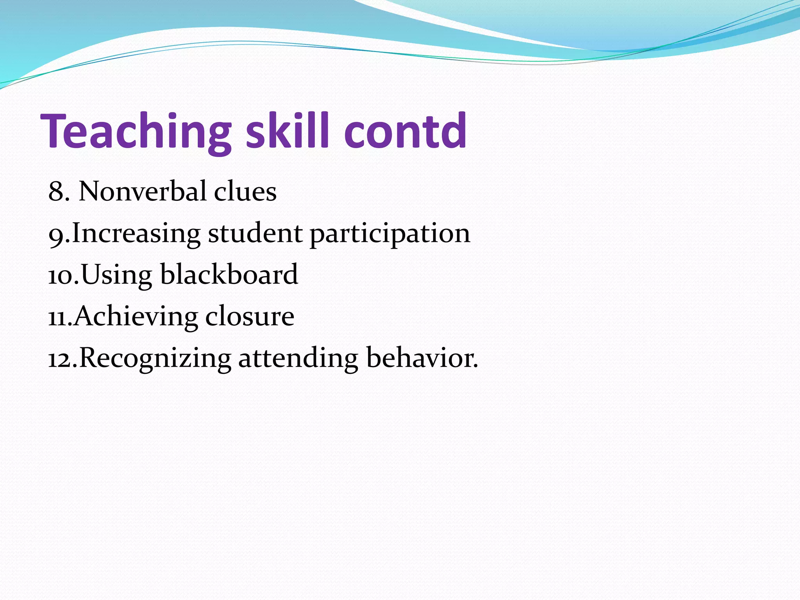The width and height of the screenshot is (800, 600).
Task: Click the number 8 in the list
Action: point(56,192)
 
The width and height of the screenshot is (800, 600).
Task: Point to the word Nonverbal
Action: point(142,192)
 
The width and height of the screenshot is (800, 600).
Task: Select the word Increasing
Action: point(136,234)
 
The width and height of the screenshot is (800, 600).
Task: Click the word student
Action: point(255,233)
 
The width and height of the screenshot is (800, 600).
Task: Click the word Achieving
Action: point(136,317)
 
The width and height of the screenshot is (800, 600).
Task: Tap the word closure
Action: point(250,316)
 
